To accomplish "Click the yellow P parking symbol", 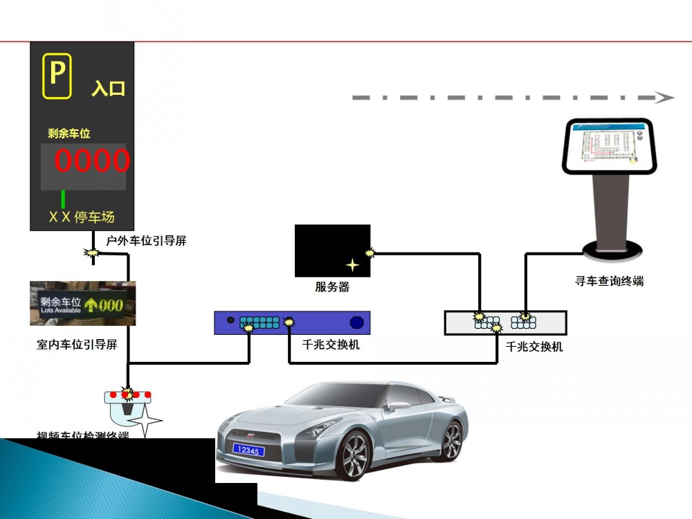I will [x=57, y=75].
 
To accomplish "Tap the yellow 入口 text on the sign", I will [x=109, y=89].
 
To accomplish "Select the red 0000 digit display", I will [x=91, y=161].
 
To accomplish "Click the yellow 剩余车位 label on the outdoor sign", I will [x=69, y=133].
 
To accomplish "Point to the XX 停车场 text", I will [x=82, y=217].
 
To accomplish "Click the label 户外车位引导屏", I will [x=146, y=241].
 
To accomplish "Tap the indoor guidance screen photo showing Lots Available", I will [x=82, y=303].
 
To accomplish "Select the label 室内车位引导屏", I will [x=77, y=345].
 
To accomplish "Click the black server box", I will [x=332, y=250].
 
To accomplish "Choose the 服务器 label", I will [x=332, y=286].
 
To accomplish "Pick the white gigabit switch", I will [x=505, y=322].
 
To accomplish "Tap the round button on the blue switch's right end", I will [x=356, y=322].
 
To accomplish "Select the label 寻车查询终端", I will [x=609, y=281].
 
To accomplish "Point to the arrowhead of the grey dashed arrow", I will [x=666, y=98].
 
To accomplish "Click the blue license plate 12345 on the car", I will [x=249, y=450].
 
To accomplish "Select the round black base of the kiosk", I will [x=609, y=249].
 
